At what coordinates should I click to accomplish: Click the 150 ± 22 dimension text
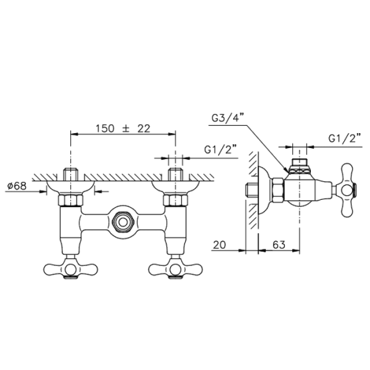pos(123,129)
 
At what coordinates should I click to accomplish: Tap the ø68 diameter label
pos(17,186)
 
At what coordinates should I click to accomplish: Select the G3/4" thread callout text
pos(227,118)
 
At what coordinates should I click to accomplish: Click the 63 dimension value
pos(279,245)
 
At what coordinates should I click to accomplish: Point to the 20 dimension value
pos(220,245)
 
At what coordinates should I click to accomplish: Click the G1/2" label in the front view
pos(220,150)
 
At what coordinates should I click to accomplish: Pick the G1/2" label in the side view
pos(345,139)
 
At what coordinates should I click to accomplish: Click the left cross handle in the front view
pos(70,268)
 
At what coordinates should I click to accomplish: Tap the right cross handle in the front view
pos(175,268)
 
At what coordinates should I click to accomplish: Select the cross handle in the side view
pos(347,190)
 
